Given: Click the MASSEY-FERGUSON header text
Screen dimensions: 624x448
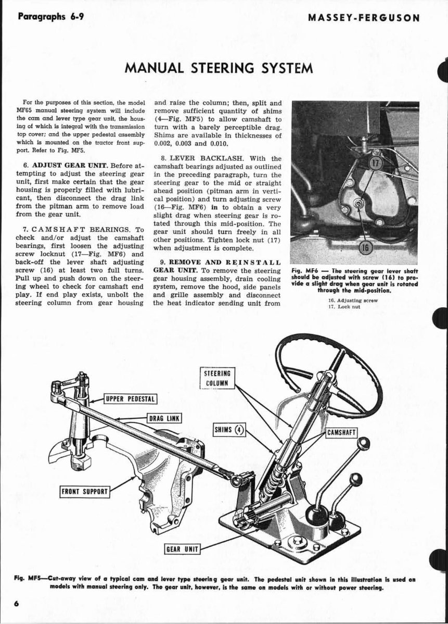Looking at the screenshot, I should (x=364, y=17).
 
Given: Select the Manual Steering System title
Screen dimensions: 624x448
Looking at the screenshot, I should (x=219, y=68).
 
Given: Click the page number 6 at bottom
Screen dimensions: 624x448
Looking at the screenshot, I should (x=17, y=603).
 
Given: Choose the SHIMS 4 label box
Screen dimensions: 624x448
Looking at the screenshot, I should (x=229, y=430).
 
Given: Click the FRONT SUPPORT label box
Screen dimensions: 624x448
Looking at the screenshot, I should (x=85, y=491).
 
